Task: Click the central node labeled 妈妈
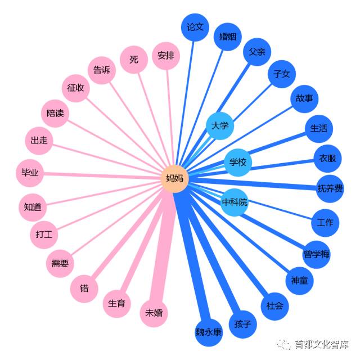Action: (175, 179)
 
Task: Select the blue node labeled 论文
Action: (195, 27)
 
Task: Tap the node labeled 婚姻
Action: (227, 38)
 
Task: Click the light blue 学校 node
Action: (238, 163)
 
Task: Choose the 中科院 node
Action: (235, 202)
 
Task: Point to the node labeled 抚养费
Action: (330, 188)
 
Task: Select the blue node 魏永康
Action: (209, 332)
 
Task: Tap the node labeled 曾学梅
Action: (317, 254)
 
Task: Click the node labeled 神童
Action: (299, 280)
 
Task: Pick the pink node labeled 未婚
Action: (154, 313)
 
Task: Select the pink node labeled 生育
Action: (117, 304)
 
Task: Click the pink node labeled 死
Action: (134, 59)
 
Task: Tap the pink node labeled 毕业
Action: (30, 173)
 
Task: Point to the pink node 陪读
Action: (55, 113)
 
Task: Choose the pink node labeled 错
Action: (84, 289)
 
